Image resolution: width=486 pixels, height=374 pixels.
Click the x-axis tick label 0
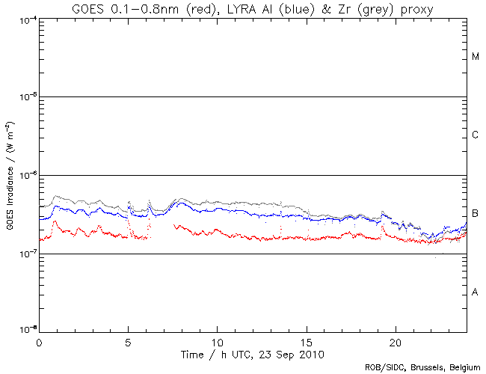(39, 341)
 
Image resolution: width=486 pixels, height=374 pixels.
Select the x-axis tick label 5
(128, 341)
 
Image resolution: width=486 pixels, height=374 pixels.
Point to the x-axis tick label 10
(217, 341)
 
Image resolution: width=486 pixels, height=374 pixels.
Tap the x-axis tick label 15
(307, 341)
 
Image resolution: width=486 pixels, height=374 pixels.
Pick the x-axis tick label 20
(396, 341)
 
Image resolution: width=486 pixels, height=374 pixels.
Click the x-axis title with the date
(253, 353)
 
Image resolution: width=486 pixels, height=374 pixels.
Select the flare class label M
(476, 57)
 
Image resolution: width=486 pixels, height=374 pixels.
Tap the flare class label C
(476, 135)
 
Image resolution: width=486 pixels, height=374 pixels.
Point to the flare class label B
(476, 214)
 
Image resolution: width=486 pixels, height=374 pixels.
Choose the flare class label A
(476, 292)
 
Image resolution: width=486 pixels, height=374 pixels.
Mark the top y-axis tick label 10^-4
(25, 19)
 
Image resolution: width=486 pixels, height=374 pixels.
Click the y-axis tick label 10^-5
(25, 96)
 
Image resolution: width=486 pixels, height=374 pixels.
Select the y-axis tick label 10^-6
(25, 175)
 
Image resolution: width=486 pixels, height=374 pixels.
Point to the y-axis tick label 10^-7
(25, 254)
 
